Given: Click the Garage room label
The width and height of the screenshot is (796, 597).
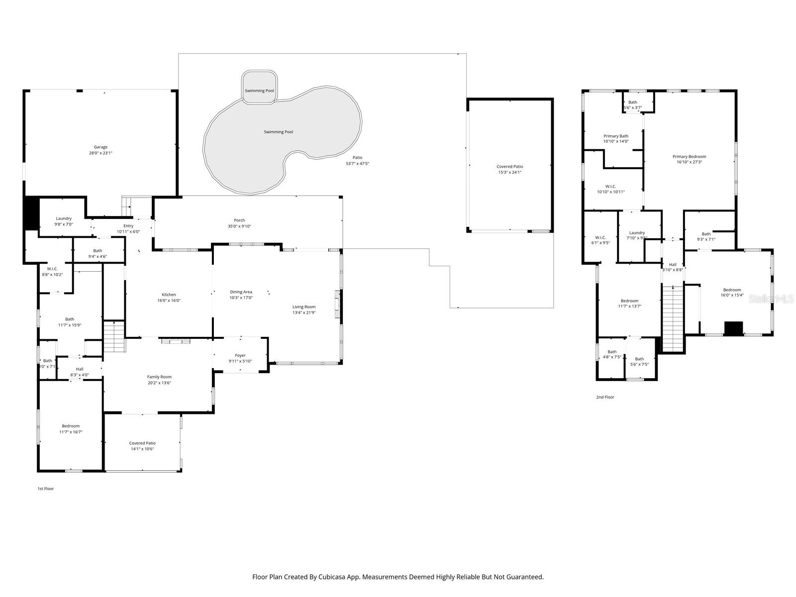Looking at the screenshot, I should [x=100, y=147].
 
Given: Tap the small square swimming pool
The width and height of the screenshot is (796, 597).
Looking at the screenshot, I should [x=259, y=88].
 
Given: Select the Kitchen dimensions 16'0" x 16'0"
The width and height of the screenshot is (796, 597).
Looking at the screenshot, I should [x=169, y=300].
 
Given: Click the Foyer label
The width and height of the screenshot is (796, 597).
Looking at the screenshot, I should [x=240, y=355].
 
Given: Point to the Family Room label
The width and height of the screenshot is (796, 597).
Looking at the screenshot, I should [x=159, y=377].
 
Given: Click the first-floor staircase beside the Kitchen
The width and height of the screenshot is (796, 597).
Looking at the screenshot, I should [x=113, y=336].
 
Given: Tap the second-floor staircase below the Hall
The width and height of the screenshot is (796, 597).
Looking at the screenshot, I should [x=672, y=318].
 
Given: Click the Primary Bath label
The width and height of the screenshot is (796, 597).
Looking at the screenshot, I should [x=616, y=136].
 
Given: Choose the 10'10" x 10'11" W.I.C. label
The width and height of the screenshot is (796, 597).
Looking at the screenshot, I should [x=611, y=186].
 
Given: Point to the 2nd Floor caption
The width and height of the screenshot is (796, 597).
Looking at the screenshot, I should [x=605, y=397].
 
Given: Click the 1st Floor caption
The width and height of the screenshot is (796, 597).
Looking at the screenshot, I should [x=45, y=489].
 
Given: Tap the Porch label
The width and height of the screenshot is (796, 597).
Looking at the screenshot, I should [x=239, y=220].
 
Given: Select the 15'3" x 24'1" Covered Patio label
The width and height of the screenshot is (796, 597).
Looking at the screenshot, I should [x=510, y=167].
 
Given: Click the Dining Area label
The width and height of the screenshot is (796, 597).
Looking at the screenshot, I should [x=241, y=292].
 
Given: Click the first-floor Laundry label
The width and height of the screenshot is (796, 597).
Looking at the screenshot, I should [x=64, y=218].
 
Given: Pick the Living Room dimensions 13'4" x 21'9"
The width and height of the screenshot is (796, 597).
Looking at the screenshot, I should [x=304, y=313].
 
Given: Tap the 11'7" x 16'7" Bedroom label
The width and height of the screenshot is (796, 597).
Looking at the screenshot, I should [x=71, y=426].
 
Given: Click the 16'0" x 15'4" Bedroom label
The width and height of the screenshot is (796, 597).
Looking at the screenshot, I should [x=732, y=290].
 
